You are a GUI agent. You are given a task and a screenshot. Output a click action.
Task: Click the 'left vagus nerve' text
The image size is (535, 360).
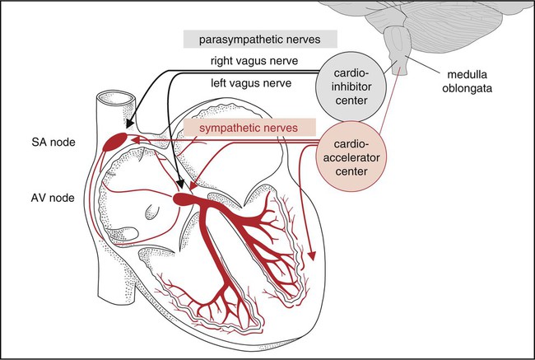click(x=254, y=82)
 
